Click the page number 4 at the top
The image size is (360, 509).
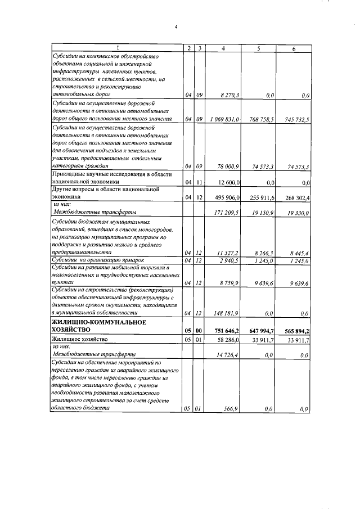176,26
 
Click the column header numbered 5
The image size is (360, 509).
258,49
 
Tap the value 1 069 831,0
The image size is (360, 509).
225,119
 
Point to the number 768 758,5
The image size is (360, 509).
263,119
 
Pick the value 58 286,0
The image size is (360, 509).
228,340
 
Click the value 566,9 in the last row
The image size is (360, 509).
232,409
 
